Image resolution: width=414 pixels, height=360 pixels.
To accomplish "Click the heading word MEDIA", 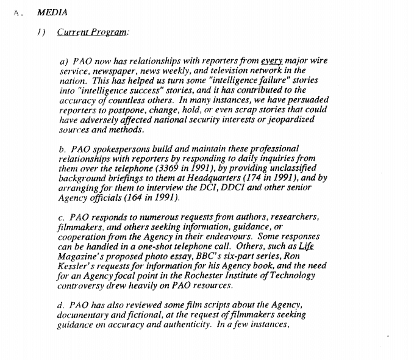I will [x=52, y=12].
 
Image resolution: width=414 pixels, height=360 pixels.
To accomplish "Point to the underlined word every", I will [x=273, y=62].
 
